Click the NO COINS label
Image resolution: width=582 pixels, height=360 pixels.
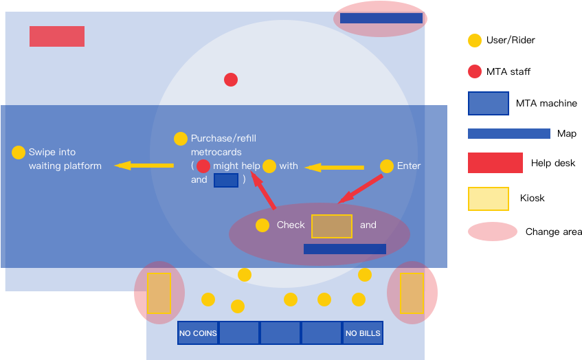point(198,333)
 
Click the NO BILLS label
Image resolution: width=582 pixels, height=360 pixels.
point(363,333)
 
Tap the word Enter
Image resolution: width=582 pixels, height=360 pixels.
point(409,166)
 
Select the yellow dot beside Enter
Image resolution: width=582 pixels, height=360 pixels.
point(387,166)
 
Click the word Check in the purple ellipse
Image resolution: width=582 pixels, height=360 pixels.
point(291,225)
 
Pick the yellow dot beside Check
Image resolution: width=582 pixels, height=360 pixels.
point(262,225)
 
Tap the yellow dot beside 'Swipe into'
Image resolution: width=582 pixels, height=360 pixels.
point(19,153)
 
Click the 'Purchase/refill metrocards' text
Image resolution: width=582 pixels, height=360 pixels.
point(223,145)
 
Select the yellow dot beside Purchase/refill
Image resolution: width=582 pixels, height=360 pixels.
point(181,139)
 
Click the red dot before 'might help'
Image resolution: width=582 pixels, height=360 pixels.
point(203,166)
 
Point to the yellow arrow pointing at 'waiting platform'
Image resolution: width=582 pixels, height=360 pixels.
point(144,165)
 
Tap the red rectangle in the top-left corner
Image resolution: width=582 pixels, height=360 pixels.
point(57,36)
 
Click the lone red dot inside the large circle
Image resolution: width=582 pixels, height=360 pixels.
point(231,80)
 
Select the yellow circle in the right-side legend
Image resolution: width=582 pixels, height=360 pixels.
point(475,41)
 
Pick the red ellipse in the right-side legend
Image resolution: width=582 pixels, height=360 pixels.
point(493,232)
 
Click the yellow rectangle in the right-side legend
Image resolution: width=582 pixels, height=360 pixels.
point(489,199)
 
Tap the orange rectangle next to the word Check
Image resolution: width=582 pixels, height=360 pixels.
point(332,226)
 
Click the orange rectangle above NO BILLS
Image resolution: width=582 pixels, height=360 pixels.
point(412,293)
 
